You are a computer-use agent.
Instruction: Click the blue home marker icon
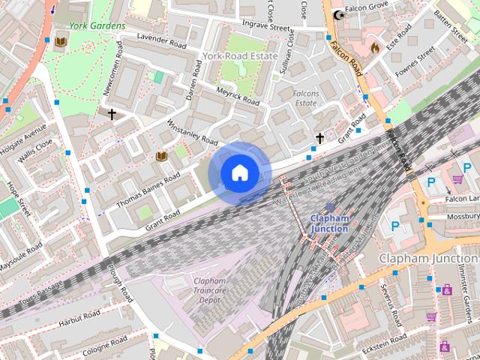pyautogui.click(x=239, y=173)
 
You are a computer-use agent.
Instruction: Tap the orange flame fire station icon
pyautogui.click(x=374, y=47)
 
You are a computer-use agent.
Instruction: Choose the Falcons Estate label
pyautogui.click(x=306, y=98)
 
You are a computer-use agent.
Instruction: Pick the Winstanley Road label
pyautogui.click(x=191, y=133)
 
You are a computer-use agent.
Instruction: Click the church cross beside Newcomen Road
pyautogui.click(x=112, y=115)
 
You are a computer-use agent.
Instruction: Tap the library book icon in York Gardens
pyautogui.click(x=60, y=42)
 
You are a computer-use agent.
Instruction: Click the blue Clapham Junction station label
pyautogui.click(x=329, y=223)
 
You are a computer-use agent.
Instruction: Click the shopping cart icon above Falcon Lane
pyautogui.click(x=457, y=179)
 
